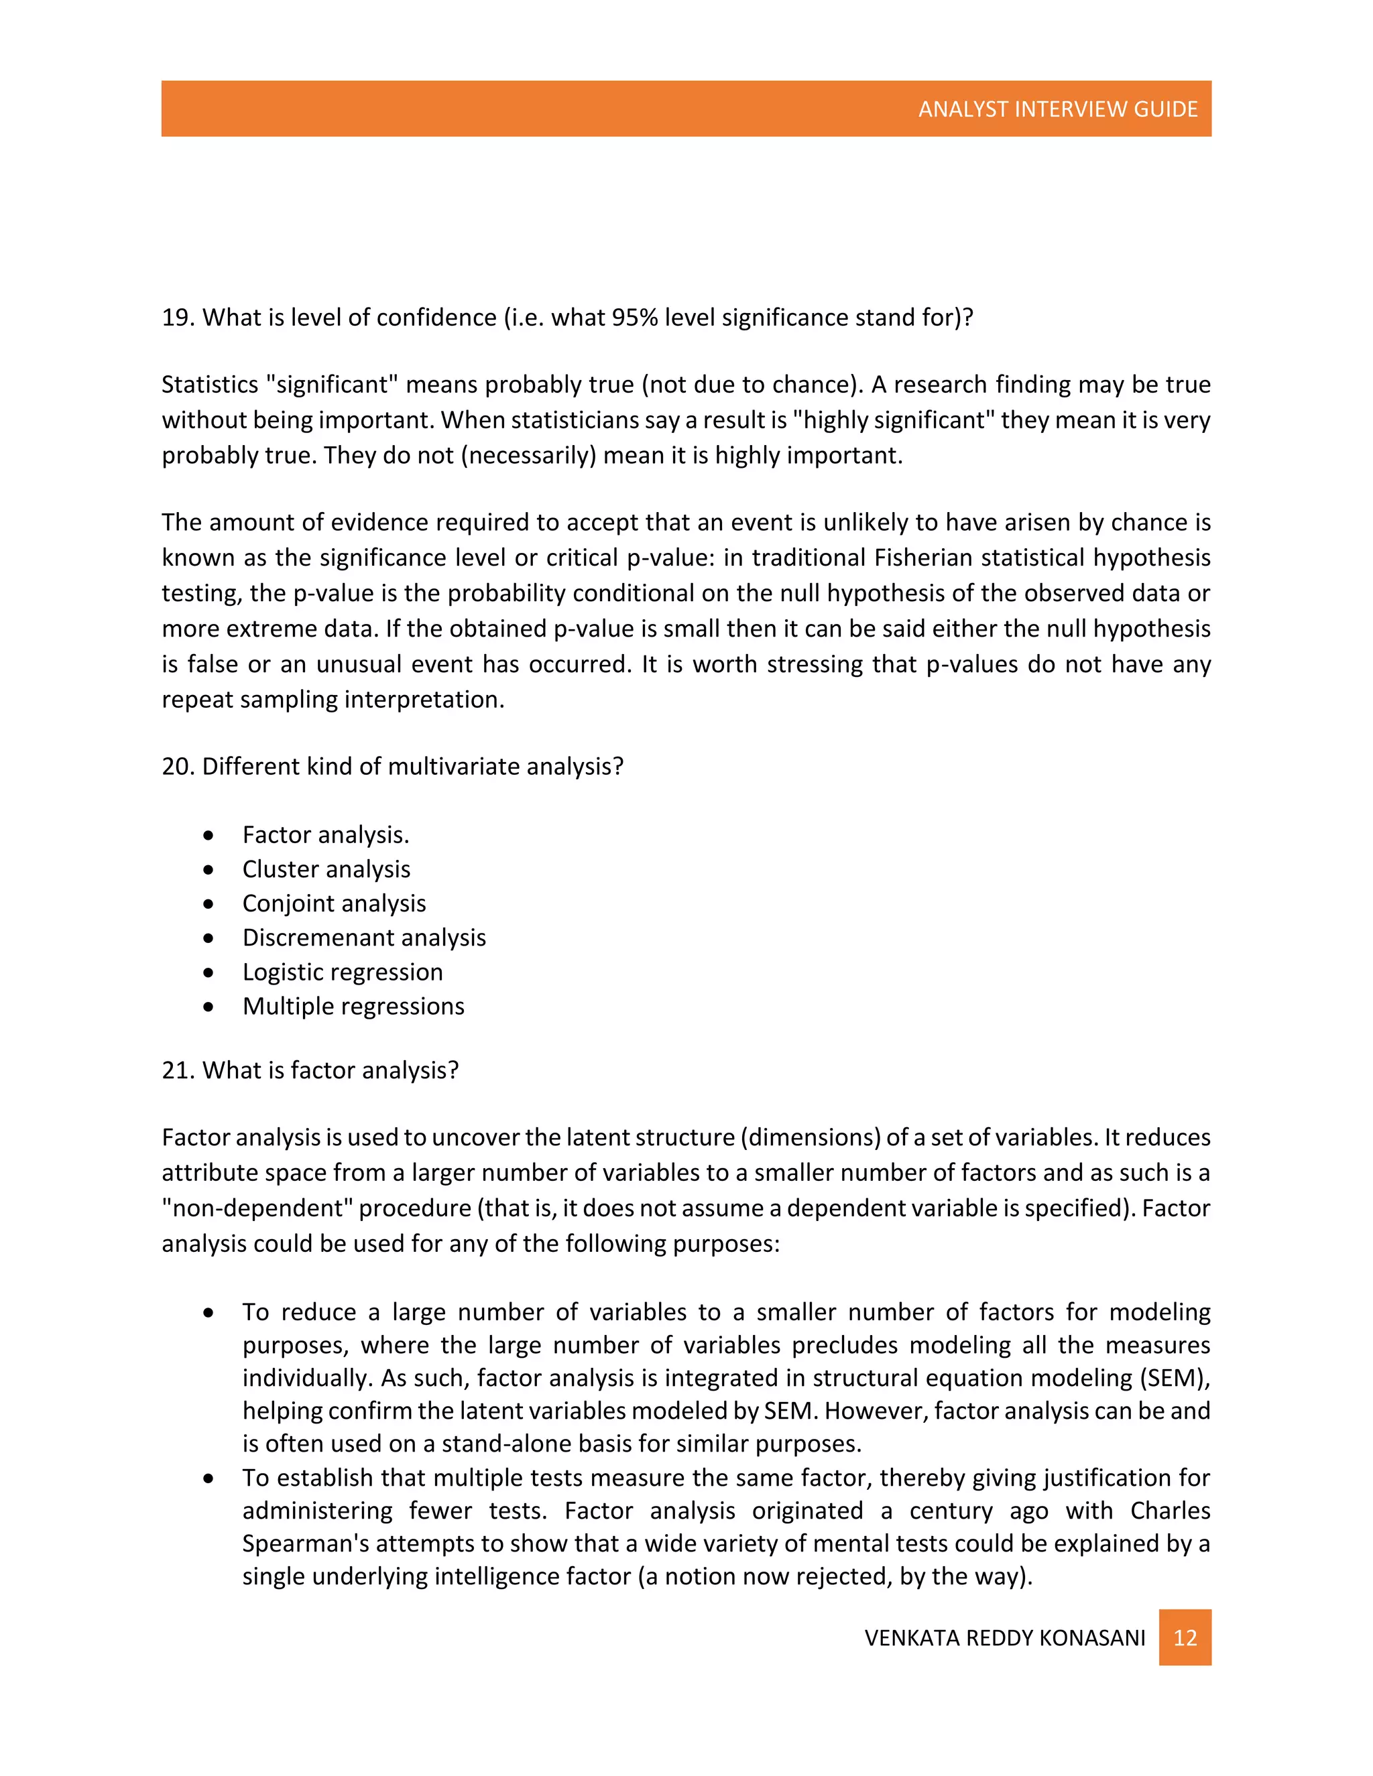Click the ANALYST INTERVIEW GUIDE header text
(1057, 109)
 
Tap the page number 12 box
(1185, 1637)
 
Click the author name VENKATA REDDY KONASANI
(1004, 1638)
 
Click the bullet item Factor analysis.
(325, 835)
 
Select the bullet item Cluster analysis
(326, 869)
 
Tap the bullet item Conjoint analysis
(333, 903)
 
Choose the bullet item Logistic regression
(343, 972)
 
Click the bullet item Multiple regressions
(353, 1006)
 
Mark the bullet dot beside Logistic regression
(209, 972)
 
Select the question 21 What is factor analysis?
(310, 1070)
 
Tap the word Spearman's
(305, 1543)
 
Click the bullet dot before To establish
(209, 1478)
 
